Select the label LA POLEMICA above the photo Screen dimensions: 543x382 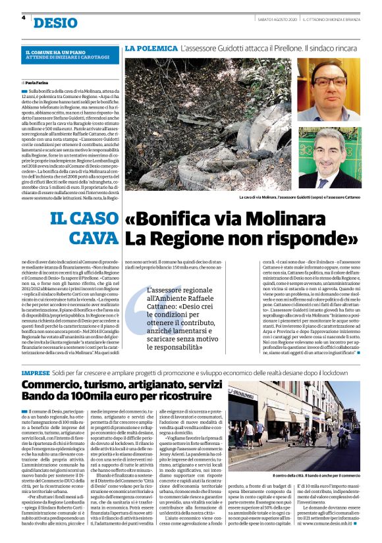click(x=151, y=49)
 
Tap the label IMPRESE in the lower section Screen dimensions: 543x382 click(x=37, y=373)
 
